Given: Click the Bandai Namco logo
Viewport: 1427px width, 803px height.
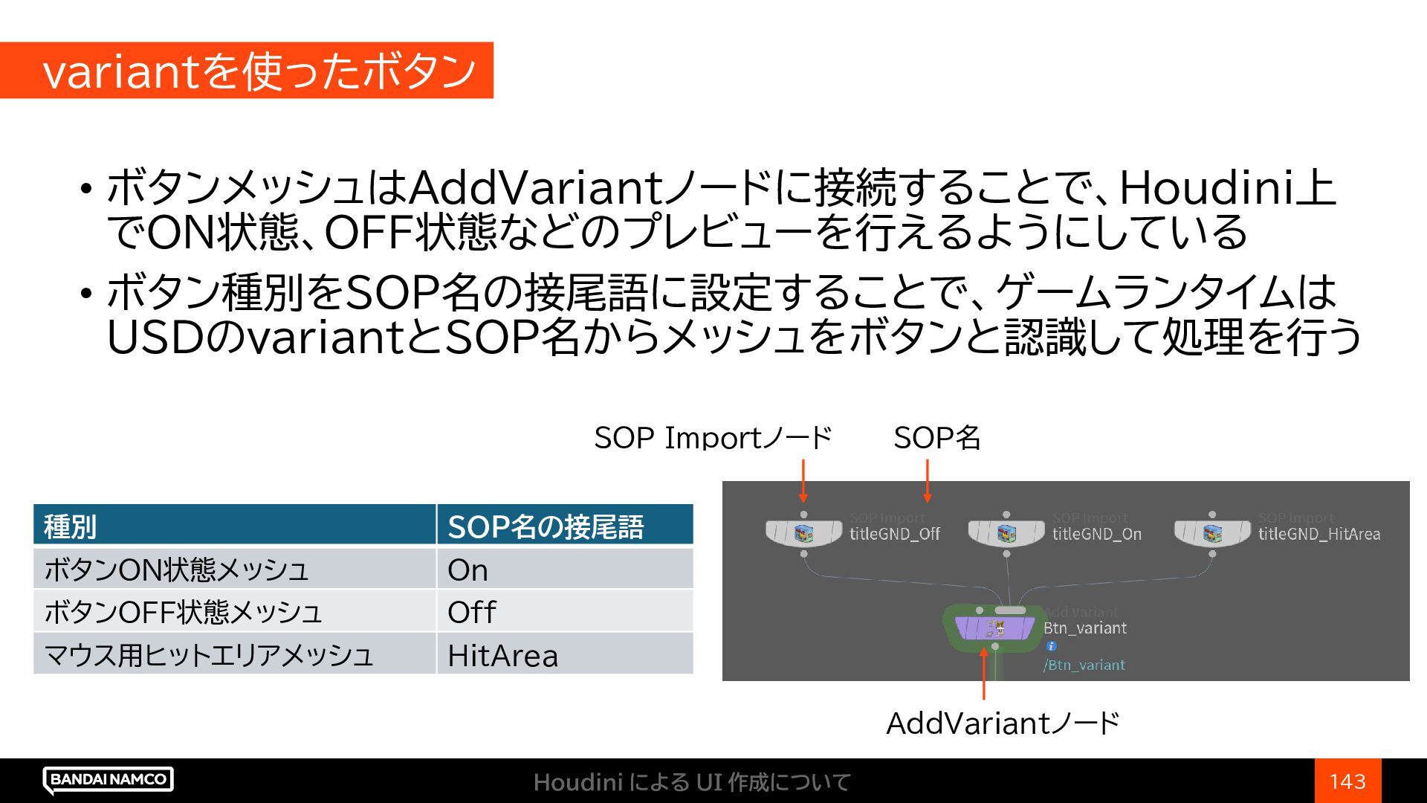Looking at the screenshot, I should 109,779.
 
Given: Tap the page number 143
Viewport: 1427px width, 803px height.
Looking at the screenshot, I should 1347,781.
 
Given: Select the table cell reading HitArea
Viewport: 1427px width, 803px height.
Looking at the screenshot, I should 502,655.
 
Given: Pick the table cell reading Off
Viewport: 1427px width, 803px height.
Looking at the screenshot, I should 471,613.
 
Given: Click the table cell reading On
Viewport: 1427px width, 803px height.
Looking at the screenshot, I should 467,570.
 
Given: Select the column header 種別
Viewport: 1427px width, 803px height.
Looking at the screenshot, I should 70,526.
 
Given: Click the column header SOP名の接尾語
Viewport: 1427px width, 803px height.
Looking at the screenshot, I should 545,526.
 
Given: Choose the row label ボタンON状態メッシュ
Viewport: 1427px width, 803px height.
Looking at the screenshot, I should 176,570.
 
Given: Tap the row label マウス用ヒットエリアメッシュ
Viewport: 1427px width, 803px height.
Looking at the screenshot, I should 208,655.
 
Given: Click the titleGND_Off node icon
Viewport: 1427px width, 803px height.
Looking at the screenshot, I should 803,533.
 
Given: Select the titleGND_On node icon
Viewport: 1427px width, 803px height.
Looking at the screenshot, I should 1006,533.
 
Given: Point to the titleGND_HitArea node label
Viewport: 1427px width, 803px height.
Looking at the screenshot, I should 1318,534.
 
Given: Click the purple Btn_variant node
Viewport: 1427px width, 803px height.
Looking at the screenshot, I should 994,629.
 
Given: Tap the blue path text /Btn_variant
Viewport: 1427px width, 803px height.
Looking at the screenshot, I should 1084,665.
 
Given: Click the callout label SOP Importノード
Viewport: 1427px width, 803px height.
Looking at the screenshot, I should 713,438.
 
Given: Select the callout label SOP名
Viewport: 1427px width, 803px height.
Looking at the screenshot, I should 936,438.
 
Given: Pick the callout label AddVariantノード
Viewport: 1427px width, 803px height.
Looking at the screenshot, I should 1003,723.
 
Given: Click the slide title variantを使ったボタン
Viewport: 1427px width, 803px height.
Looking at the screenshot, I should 259,71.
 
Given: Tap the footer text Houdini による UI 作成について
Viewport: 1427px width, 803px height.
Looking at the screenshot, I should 692,782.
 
